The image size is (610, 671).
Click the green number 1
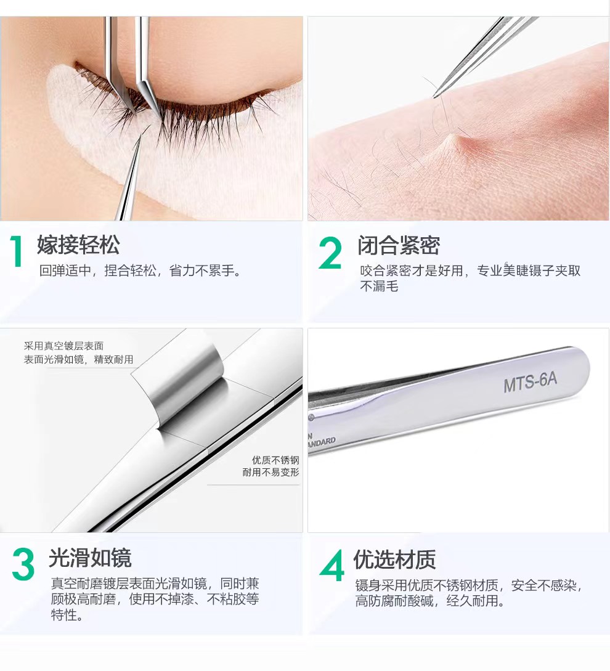coord(17,251)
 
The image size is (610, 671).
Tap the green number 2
coord(330,253)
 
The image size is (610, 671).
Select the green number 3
coord(23,564)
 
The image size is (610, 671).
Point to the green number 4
coord(331,565)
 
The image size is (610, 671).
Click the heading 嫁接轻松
coord(78,245)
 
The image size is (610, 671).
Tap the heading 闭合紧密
coord(399,245)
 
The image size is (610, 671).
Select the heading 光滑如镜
coord(90,557)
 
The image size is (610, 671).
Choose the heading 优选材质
coord(394,559)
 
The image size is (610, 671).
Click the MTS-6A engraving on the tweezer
coord(530,382)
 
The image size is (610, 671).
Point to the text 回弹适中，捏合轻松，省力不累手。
coord(140,270)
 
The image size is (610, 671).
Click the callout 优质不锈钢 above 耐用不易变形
coord(275,460)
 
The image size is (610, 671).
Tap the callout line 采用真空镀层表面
coord(64,346)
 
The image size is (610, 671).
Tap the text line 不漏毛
coord(380,286)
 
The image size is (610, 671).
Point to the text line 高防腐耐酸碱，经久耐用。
coord(430,601)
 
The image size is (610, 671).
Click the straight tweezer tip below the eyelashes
coord(139,137)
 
